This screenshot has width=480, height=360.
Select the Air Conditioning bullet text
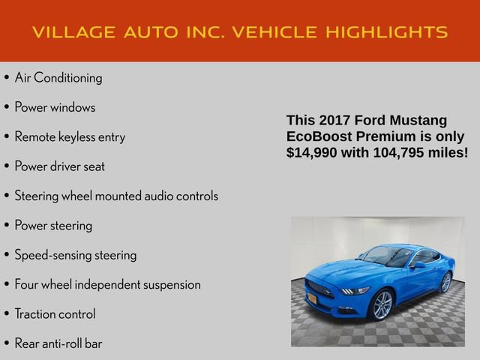tap(58, 77)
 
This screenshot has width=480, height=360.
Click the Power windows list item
tap(55, 107)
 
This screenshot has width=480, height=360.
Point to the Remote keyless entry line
tap(70, 136)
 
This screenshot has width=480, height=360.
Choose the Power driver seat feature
tap(59, 166)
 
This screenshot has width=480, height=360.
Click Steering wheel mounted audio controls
tap(116, 196)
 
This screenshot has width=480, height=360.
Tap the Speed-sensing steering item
tap(76, 255)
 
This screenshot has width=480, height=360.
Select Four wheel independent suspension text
tap(107, 285)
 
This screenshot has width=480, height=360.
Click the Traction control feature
tap(55, 314)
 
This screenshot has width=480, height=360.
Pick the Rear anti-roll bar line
tap(58, 343)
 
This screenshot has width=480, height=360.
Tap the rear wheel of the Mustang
tap(445, 282)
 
